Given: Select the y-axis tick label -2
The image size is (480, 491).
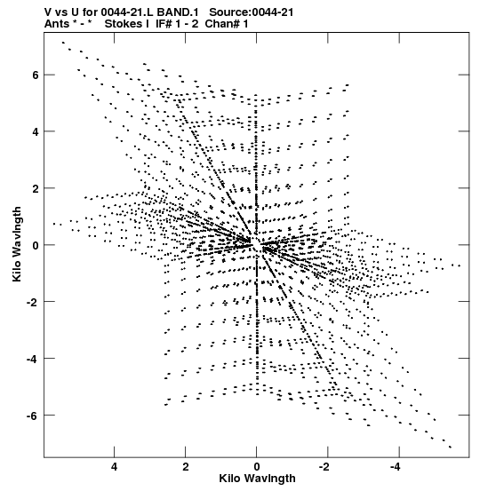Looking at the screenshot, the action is click(x=32, y=302).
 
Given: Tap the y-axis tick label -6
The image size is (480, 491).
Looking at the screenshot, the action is click(x=32, y=416).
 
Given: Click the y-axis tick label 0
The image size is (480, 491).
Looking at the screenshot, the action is click(x=35, y=245).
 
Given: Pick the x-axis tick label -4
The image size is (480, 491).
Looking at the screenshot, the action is click(x=396, y=467).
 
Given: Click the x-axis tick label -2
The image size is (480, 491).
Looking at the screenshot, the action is click(x=324, y=467).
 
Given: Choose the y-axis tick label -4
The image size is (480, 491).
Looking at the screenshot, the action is click(x=32, y=360).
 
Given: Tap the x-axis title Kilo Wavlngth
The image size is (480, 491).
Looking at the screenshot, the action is click(x=257, y=479).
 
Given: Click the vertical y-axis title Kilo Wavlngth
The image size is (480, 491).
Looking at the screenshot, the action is click(x=17, y=244).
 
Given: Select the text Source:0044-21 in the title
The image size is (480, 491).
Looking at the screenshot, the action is click(x=252, y=12).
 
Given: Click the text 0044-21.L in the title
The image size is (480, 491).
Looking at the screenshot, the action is click(x=127, y=12).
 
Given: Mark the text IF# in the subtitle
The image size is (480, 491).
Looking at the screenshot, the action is click(x=164, y=24).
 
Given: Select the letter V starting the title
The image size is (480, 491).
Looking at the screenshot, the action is click(x=48, y=12).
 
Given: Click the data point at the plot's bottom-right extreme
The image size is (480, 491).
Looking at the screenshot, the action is click(x=451, y=447).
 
